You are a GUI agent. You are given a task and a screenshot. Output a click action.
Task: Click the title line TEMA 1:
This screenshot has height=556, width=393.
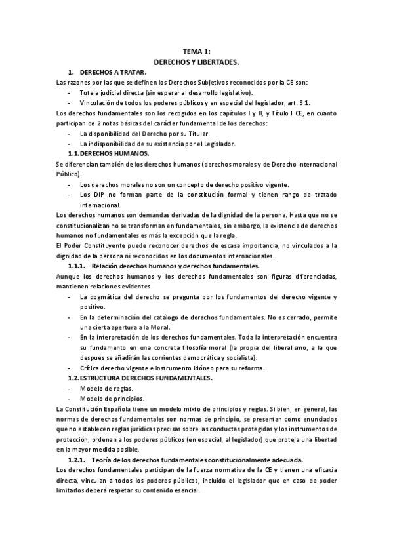tap(196, 52)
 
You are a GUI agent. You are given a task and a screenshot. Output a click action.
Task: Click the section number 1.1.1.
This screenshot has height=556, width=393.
tap(77, 266)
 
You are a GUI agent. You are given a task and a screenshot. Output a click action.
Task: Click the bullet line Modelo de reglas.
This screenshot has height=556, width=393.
tap(106, 388)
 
